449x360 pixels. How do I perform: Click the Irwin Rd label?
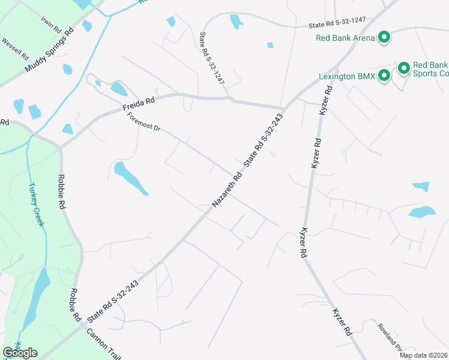(52, 25)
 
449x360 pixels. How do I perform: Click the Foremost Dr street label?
(144, 122)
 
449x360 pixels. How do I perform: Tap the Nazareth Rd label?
(228, 188)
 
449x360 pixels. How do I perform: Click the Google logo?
(20, 353)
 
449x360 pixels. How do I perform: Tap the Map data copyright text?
(423, 355)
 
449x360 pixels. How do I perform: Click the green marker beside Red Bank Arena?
(384, 38)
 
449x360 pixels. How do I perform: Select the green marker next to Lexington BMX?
(384, 76)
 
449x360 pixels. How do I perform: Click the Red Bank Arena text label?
(345, 38)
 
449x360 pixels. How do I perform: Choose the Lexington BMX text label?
(346, 77)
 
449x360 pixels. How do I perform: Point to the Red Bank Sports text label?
(430, 69)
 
